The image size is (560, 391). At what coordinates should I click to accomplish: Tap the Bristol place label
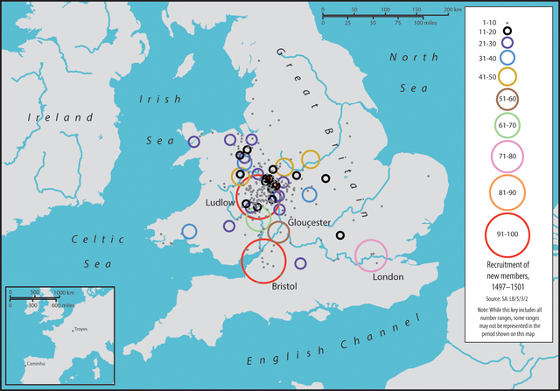(x=285, y=287)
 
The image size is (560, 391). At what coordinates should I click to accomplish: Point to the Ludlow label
(x=221, y=202)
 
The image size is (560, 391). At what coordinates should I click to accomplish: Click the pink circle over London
(x=371, y=255)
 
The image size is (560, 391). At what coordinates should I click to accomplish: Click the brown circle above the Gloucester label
(x=278, y=232)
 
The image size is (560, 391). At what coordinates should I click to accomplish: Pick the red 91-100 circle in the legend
(x=508, y=234)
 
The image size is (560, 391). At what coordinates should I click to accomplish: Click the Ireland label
(x=59, y=116)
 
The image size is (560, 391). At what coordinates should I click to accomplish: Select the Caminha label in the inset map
(x=36, y=360)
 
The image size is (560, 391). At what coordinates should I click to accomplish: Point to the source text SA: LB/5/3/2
(x=508, y=298)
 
